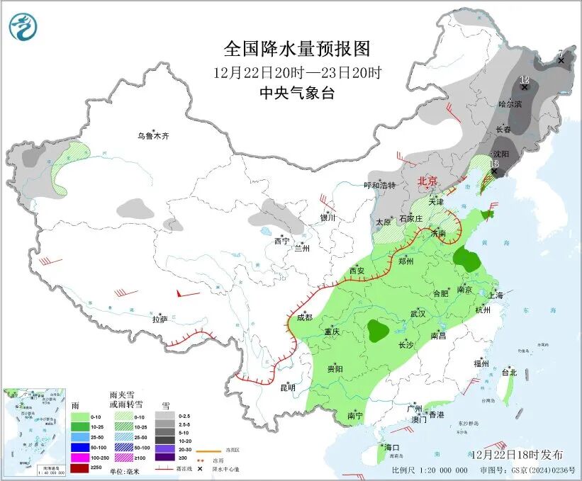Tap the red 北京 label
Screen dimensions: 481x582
[430, 181]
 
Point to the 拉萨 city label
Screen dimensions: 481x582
[160, 319]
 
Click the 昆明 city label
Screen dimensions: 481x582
[288, 387]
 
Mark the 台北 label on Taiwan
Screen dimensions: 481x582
[509, 372]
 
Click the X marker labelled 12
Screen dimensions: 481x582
[525, 87]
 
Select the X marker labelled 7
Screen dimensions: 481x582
[561, 61]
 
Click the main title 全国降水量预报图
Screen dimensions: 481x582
[297, 48]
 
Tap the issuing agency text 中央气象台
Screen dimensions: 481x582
[297, 94]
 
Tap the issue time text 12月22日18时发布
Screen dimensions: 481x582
[515, 454]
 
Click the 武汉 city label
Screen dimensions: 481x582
[418, 313]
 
